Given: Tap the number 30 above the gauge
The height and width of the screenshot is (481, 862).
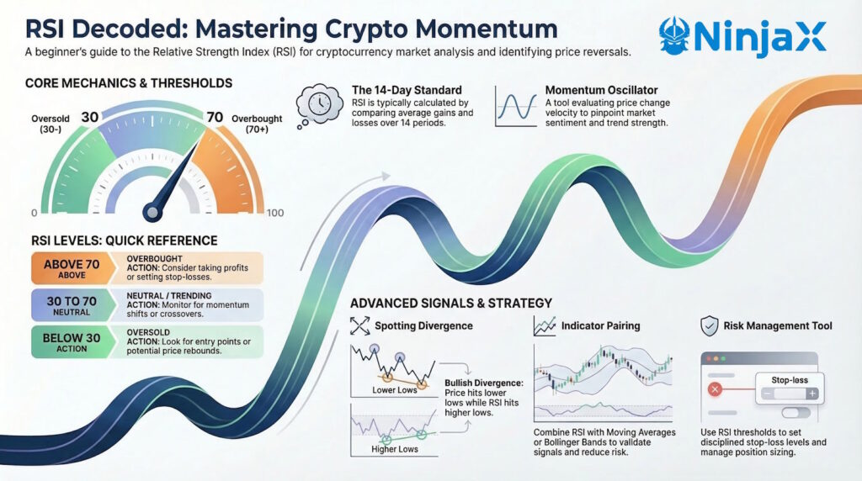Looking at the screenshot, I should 90,117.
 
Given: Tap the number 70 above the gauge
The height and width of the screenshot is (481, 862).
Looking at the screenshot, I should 215,117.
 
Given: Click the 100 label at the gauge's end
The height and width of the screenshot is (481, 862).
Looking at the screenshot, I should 275,213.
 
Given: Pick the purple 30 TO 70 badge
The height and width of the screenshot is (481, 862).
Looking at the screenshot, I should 72,305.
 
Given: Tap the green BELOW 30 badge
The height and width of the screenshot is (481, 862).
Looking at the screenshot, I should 72,342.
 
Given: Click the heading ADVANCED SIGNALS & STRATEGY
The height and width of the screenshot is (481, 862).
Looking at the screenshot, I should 450,303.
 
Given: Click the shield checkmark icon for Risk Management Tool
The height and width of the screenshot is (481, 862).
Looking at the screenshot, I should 709,325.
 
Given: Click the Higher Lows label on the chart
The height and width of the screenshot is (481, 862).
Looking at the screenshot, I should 394,449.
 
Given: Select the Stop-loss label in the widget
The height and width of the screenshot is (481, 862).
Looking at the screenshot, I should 789,379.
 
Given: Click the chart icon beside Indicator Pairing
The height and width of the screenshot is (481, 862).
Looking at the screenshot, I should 543,325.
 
